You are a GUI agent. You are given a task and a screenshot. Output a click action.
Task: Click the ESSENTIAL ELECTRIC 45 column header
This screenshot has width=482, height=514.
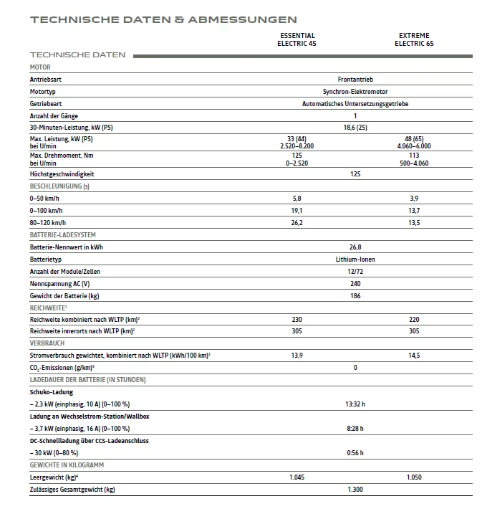297,39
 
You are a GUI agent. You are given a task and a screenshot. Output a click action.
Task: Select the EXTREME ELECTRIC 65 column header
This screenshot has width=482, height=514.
414,39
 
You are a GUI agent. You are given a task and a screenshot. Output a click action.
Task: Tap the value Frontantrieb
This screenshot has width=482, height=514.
355,80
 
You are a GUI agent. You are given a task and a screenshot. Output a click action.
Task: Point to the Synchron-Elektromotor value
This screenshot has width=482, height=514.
355,92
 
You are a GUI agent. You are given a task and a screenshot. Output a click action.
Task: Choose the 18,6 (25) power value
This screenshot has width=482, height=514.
355,128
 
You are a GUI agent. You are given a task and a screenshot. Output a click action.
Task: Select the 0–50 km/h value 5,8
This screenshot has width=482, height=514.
297,198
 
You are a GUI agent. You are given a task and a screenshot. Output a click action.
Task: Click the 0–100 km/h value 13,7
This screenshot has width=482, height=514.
414,210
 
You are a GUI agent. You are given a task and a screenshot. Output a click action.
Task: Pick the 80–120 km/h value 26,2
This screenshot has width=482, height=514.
297,222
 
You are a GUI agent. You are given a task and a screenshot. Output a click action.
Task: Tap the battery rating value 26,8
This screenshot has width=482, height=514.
355,247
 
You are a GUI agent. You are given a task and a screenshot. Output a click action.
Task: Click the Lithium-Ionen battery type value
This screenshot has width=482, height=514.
355,259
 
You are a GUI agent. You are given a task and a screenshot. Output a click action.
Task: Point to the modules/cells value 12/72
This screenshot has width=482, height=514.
355,271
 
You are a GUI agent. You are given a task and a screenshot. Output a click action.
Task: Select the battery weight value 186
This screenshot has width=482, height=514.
355,295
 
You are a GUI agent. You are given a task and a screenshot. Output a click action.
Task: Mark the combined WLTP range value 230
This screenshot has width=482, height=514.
297,319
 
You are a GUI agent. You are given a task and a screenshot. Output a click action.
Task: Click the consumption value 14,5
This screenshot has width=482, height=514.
414,356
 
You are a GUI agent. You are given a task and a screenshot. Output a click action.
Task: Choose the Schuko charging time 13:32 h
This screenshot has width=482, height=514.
355,404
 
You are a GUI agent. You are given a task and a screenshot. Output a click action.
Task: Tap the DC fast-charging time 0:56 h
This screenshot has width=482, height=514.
355,453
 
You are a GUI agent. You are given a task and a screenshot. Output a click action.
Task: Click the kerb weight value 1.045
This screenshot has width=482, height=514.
297,477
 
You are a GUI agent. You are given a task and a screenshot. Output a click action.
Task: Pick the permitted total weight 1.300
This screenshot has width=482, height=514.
355,490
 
